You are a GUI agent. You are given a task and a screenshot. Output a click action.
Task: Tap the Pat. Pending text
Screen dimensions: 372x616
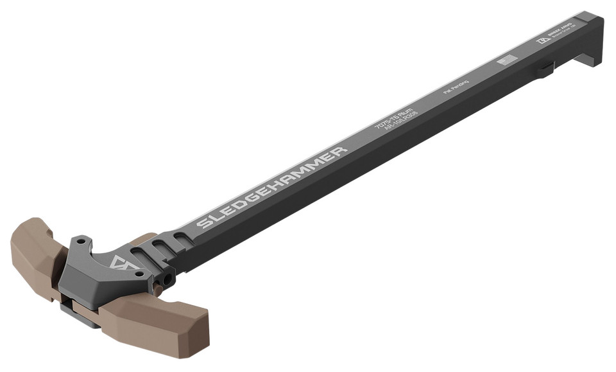(456, 87)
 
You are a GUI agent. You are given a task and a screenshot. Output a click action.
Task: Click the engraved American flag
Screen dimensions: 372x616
(507, 61)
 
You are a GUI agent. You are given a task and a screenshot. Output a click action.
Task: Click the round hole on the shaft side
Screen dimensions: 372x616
(169, 278)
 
